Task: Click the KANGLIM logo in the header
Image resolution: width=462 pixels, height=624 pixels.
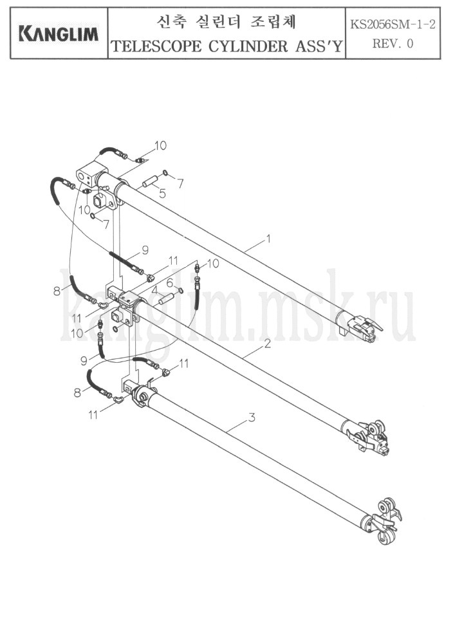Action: click(x=59, y=34)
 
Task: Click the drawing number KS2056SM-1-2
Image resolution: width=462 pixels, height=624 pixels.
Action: click(x=393, y=24)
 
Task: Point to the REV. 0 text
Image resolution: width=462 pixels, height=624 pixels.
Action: click(x=393, y=43)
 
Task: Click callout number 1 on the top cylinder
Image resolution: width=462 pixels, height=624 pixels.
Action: click(x=269, y=239)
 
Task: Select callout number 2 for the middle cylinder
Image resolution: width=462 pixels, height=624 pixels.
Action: click(x=268, y=343)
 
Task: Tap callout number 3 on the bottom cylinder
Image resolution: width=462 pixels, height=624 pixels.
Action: click(x=252, y=418)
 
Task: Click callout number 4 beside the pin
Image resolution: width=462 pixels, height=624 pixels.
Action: click(x=154, y=289)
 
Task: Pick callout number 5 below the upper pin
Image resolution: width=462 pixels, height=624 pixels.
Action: click(x=162, y=194)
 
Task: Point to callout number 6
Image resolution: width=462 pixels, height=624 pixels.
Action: click(x=170, y=283)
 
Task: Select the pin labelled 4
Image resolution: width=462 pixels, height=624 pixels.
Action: click(x=167, y=298)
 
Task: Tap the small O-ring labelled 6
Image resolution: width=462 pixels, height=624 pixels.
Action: click(x=180, y=289)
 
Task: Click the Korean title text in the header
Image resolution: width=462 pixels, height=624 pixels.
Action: click(x=226, y=23)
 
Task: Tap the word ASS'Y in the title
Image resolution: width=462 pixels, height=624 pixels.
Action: click(x=319, y=46)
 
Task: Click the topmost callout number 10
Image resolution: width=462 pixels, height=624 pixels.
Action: click(x=160, y=145)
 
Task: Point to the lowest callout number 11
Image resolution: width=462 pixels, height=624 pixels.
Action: click(x=93, y=415)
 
